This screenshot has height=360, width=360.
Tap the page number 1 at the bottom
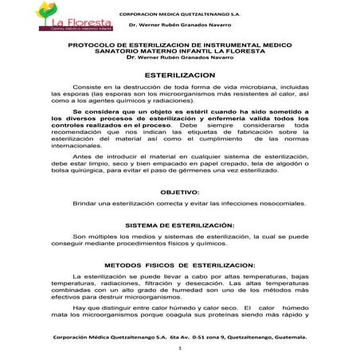tap(180, 349)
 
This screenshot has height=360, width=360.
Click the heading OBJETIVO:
tap(180, 193)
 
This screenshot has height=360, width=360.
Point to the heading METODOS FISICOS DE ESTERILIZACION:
tap(179, 264)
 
